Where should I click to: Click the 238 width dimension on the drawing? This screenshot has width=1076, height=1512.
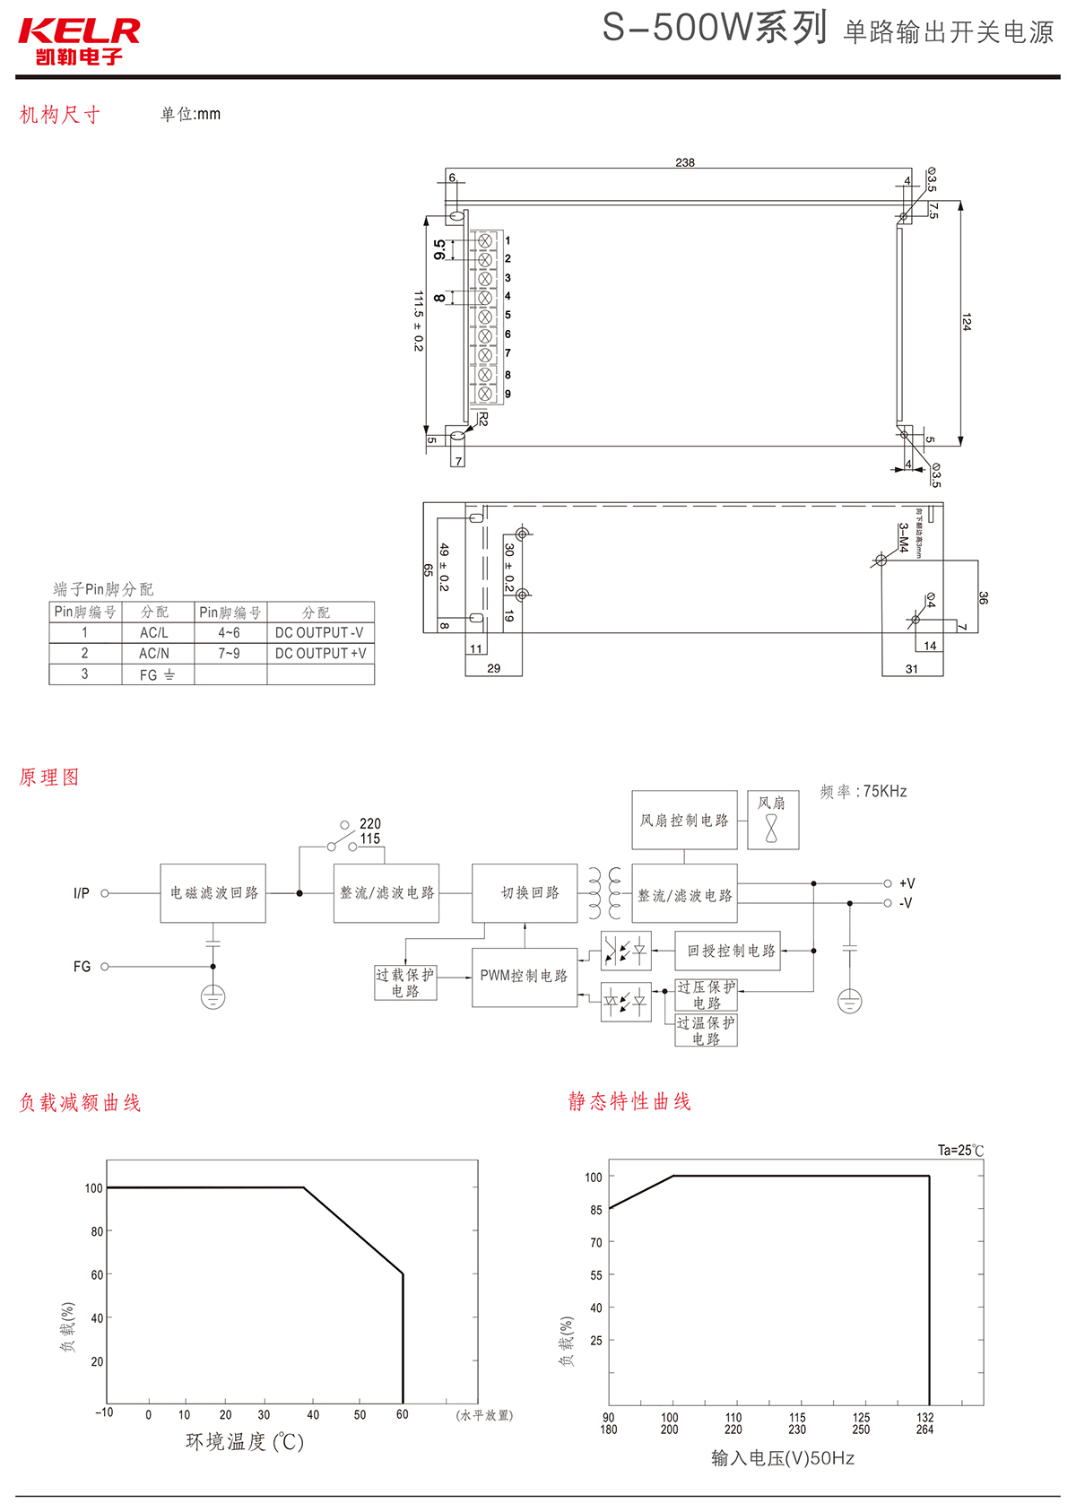click(685, 162)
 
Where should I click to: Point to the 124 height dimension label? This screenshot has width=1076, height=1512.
click(966, 322)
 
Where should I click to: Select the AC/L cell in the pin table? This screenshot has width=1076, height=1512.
click(154, 633)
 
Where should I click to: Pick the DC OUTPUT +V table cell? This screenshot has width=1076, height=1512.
click(320, 654)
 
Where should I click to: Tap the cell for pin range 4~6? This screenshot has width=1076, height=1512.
click(230, 633)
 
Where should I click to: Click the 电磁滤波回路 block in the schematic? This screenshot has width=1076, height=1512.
click(213, 893)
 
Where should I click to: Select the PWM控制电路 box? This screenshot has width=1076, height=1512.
click(525, 977)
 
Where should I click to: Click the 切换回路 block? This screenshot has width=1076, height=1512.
click(529, 893)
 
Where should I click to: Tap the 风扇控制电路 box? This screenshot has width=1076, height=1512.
click(684, 821)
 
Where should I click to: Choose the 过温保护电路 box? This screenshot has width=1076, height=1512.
click(706, 1031)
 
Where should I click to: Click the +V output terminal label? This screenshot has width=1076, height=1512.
click(907, 883)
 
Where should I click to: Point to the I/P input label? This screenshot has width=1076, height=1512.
click(82, 893)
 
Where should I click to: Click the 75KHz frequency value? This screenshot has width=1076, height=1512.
click(885, 792)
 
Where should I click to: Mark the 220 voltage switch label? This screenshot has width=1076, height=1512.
click(370, 823)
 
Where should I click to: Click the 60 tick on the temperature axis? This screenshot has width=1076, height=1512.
click(403, 1415)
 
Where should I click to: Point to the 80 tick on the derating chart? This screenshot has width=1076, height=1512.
click(97, 1232)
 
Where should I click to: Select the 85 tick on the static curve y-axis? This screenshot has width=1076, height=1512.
click(596, 1210)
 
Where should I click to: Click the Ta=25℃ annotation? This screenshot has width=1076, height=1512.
click(960, 1151)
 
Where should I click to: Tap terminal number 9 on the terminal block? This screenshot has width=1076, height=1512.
click(508, 395)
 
